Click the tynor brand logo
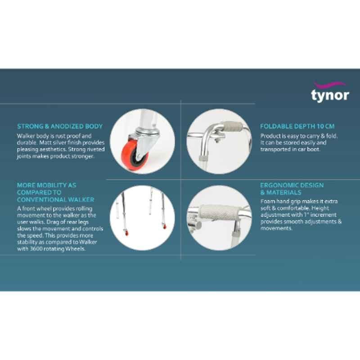330,92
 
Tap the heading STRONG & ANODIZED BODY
60,126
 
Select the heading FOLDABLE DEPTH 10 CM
297,126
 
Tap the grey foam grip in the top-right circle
233,126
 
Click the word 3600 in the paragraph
35,249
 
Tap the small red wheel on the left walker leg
126,233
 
